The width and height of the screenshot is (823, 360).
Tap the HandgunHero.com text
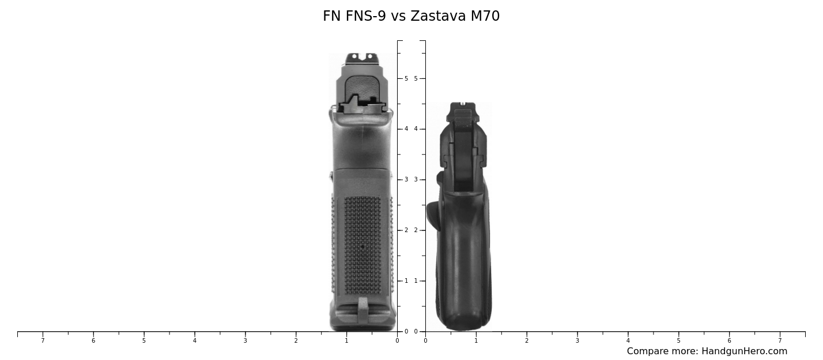[744, 351]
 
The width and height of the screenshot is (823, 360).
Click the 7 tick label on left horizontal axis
[43, 341]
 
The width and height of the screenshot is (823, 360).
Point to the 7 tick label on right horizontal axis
[780, 341]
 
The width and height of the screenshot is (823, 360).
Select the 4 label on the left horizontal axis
[195, 341]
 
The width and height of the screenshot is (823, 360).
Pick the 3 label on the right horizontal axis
[577, 341]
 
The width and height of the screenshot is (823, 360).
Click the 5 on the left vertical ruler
[406, 78]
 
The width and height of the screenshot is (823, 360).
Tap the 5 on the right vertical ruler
[416, 78]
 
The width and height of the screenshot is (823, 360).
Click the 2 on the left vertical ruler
[406, 230]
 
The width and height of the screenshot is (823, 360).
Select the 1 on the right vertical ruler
[416, 281]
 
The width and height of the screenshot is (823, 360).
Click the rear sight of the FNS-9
[361, 58]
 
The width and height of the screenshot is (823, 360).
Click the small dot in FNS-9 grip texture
[362, 247]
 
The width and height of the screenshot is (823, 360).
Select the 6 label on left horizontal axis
[93, 341]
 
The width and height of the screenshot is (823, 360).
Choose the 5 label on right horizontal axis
[678, 341]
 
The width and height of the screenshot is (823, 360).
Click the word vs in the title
[399, 16]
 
